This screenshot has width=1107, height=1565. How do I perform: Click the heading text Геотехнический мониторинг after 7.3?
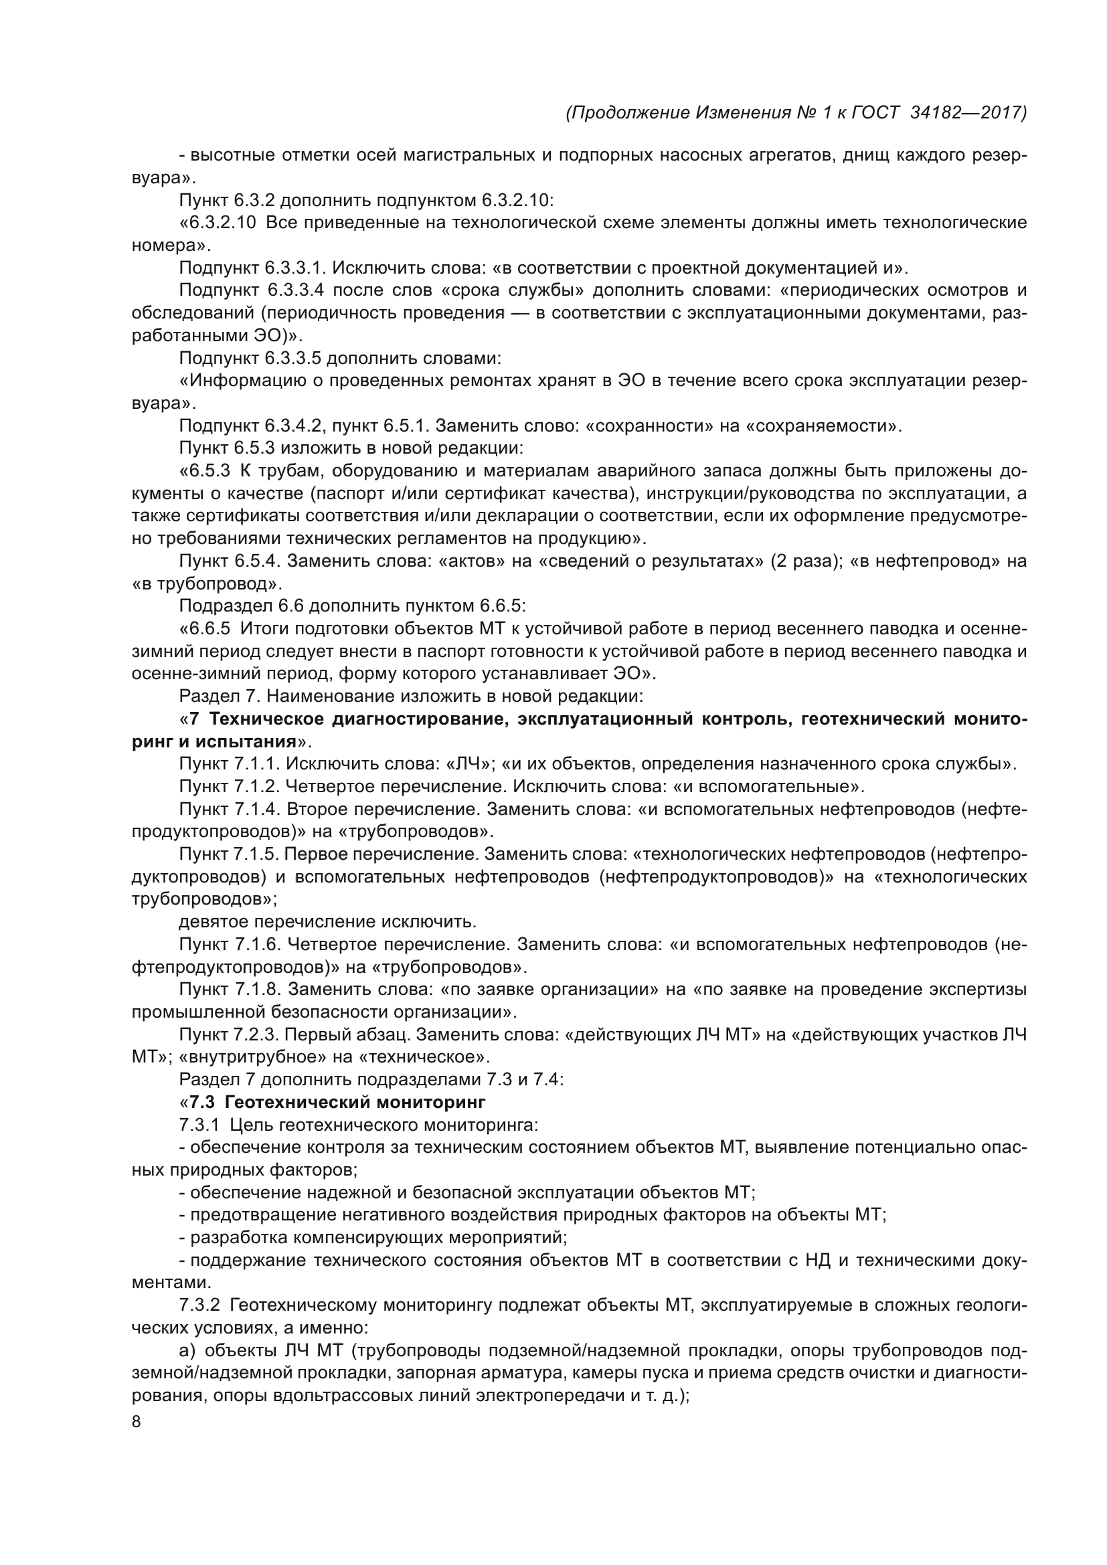coord(355,1102)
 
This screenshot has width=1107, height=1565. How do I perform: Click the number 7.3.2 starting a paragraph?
coord(199,1305)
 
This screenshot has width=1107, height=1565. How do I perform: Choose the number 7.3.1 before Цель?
coord(199,1125)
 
